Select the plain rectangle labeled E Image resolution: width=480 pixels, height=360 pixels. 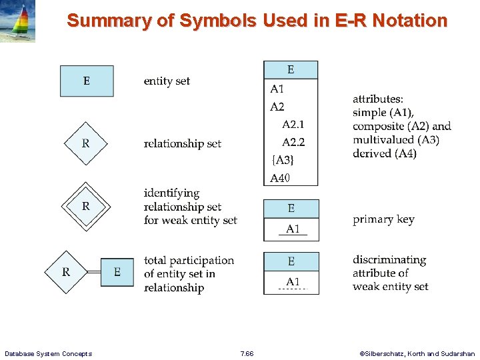point(87,81)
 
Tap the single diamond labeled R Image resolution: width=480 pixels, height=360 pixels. point(85,143)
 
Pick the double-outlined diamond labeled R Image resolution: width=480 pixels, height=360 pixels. point(85,207)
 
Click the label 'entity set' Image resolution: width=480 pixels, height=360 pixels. point(167,81)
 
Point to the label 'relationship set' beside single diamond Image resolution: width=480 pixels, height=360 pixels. point(183,143)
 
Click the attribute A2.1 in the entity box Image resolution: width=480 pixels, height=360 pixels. point(293,125)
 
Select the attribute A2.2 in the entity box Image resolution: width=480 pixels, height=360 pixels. point(293,142)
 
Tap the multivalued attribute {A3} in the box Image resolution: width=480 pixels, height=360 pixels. point(282,160)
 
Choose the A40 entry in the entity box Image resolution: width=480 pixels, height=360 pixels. point(280,178)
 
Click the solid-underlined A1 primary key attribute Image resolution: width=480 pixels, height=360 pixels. point(293,229)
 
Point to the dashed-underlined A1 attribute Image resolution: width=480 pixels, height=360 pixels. point(292,282)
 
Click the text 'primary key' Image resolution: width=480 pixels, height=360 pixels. point(383,219)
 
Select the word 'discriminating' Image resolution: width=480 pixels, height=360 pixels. point(389,260)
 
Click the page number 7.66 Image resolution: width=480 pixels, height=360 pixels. point(247,353)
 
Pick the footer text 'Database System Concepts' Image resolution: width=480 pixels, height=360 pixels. point(48,353)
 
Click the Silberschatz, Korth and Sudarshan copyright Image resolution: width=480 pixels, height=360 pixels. point(417,353)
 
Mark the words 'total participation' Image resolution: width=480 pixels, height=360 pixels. point(189,260)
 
